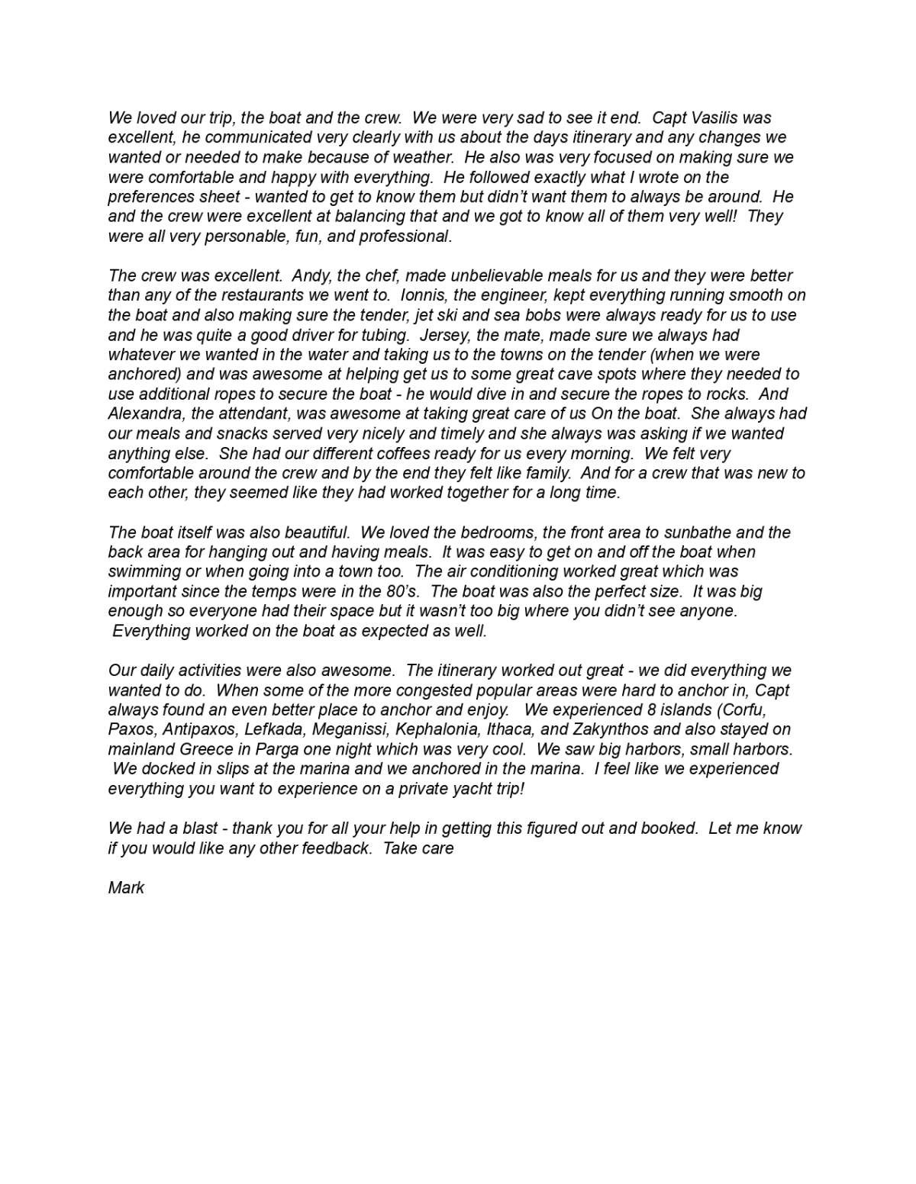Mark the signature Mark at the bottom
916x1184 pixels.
click(x=126, y=888)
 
